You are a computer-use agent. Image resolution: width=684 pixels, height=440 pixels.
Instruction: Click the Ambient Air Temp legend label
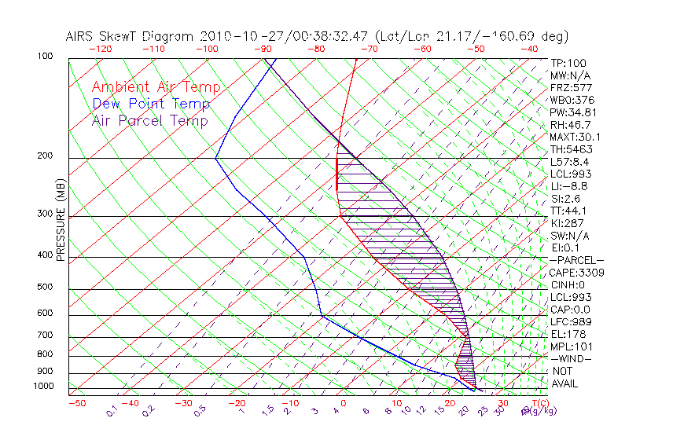point(156,87)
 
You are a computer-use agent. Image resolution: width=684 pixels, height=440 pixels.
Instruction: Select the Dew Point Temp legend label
point(151,104)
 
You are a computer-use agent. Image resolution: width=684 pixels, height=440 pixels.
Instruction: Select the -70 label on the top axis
point(368,49)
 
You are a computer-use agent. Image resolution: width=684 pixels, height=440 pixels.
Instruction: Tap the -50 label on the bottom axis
point(76,403)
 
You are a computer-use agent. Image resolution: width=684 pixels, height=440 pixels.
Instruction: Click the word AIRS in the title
point(81,36)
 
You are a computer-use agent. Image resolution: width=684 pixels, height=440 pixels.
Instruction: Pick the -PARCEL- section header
point(577,260)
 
